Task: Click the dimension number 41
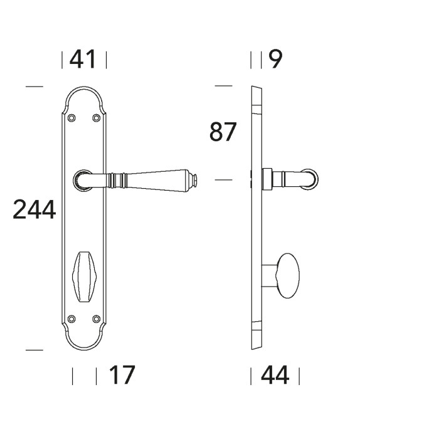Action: tap(83, 60)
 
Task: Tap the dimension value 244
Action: tap(34, 209)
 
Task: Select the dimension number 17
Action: tap(122, 375)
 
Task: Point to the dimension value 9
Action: tap(276, 60)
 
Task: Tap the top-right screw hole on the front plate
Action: tap(96, 117)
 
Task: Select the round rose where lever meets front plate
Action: tap(82, 179)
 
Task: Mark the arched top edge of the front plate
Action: tap(84, 87)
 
